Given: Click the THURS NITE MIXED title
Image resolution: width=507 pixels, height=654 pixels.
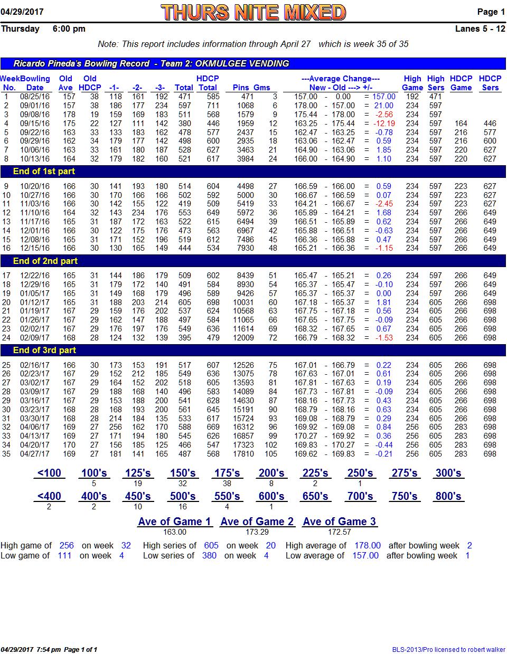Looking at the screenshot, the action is tap(253, 12).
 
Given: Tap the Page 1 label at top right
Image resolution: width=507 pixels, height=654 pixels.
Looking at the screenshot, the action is tap(491, 12).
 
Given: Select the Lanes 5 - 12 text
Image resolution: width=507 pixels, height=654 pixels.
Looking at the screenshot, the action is tap(480, 29).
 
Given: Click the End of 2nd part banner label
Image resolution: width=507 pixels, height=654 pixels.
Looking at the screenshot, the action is tap(45, 261).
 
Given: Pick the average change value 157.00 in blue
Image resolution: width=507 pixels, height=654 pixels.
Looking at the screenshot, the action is tap(384, 97).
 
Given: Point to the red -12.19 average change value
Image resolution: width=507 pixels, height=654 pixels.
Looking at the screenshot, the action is tap(384, 124).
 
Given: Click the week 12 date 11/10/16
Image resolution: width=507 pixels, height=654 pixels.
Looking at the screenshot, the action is tap(35, 213).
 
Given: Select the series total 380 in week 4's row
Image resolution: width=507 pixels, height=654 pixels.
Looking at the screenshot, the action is tap(184, 124).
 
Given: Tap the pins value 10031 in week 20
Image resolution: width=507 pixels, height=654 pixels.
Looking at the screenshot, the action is tap(243, 302).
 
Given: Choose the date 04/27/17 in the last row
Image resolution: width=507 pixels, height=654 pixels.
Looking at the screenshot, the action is tap(35, 454).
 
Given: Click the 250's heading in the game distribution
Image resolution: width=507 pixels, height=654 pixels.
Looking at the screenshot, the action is tap(360, 473).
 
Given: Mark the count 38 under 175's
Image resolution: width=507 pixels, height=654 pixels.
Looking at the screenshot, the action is tap(227, 484).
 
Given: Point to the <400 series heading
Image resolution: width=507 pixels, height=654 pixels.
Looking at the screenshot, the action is tap(49, 496).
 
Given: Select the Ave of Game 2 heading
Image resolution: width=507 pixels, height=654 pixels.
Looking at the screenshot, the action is tap(257, 522).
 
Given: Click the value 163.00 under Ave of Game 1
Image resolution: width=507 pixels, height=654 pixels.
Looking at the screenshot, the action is tap(175, 532).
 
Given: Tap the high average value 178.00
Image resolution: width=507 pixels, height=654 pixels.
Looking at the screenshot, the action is tap(368, 546).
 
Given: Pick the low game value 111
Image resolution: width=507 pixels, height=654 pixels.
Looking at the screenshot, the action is tap(64, 556).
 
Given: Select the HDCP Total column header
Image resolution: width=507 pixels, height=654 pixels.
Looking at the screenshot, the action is tap(208, 83).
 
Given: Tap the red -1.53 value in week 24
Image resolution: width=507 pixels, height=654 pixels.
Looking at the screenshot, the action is tap(384, 338).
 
